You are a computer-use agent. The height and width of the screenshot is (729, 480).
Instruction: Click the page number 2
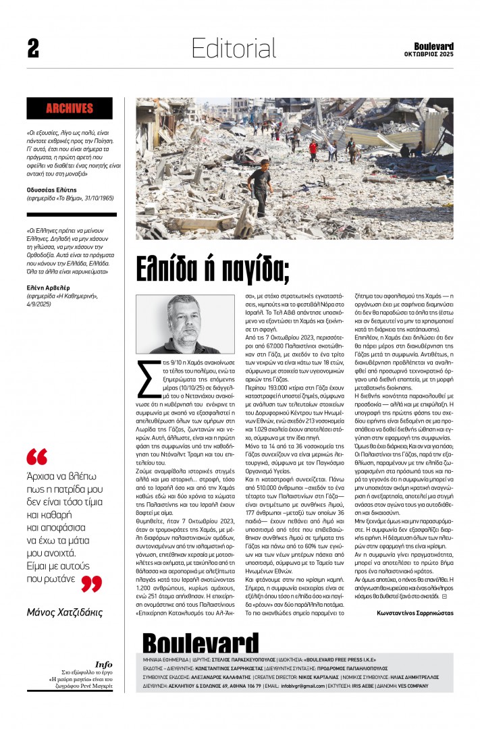(x=33, y=48)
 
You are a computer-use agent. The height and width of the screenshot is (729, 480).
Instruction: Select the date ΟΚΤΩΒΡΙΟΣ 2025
(x=429, y=54)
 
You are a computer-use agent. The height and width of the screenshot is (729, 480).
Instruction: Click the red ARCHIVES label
(x=70, y=108)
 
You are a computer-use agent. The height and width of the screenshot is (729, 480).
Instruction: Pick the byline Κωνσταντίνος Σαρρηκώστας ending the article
(x=415, y=613)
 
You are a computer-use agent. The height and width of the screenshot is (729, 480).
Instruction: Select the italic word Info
(x=103, y=664)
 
